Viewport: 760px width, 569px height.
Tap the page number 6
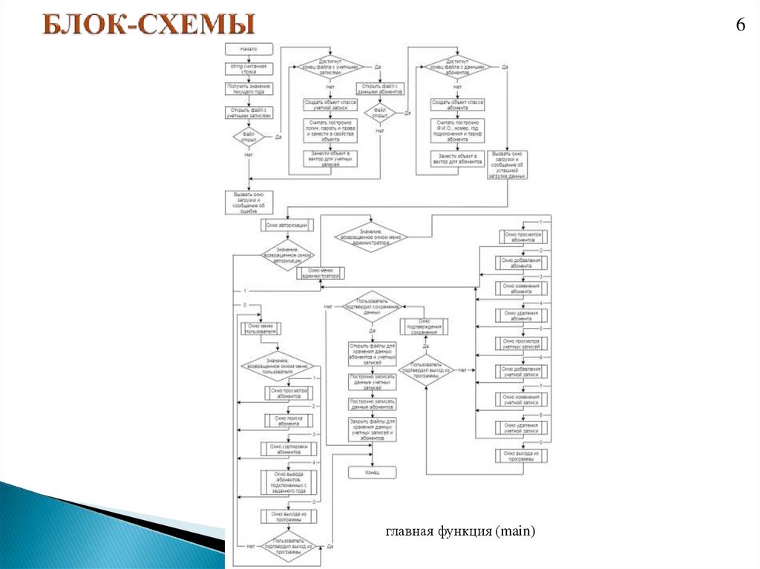740,24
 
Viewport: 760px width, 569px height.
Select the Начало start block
249,49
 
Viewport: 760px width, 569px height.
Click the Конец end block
373,472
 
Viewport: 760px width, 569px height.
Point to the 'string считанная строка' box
249,69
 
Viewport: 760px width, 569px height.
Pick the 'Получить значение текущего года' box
249,89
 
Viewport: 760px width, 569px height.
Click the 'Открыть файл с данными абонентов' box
379,89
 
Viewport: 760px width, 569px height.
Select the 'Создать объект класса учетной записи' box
330,105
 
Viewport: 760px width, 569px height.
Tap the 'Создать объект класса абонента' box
458,105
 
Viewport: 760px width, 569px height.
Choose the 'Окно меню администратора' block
320,274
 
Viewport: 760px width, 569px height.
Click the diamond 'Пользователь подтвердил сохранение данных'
371,308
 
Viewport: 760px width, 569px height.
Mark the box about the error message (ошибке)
249,203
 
